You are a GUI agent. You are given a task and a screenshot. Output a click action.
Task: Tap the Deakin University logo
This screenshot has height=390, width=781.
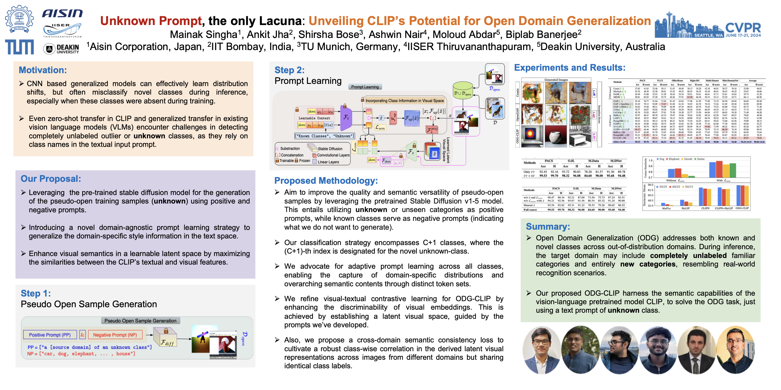(x=61, y=48)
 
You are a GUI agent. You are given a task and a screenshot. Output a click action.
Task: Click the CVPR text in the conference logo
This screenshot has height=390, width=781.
(x=743, y=28)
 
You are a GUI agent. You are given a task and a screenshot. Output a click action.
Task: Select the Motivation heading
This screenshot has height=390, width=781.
(x=43, y=70)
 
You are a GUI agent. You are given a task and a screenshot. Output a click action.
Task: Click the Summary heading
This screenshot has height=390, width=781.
(x=548, y=227)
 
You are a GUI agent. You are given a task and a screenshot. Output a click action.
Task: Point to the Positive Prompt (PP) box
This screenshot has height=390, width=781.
(x=50, y=335)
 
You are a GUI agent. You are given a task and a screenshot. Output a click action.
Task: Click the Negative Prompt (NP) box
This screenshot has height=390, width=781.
(x=115, y=335)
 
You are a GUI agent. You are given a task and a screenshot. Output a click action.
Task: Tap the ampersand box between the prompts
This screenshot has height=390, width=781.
(x=82, y=335)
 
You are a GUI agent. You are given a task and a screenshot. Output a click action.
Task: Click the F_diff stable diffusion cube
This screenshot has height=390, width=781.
(x=166, y=338)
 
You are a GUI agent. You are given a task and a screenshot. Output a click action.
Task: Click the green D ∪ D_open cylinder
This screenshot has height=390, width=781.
(x=463, y=90)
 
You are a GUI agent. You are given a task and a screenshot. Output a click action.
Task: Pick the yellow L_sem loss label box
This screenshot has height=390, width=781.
(x=380, y=128)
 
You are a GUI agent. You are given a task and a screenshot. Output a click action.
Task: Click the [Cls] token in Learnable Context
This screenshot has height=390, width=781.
(x=328, y=125)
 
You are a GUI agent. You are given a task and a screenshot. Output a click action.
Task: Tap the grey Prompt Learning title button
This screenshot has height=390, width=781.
(x=365, y=87)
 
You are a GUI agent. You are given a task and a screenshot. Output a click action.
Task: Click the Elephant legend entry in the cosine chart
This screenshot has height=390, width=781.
(x=674, y=159)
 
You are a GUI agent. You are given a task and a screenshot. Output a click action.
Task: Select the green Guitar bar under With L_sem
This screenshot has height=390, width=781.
(x=733, y=170)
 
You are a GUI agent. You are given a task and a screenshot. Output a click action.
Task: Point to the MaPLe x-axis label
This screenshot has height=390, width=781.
(x=666, y=208)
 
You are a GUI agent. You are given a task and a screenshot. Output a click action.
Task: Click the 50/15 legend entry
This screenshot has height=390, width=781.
(x=688, y=187)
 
